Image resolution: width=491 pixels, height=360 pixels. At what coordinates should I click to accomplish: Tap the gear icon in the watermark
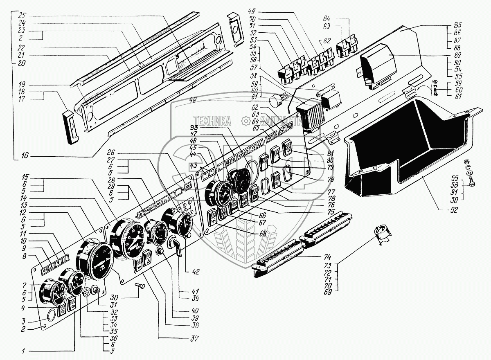(245, 121)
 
